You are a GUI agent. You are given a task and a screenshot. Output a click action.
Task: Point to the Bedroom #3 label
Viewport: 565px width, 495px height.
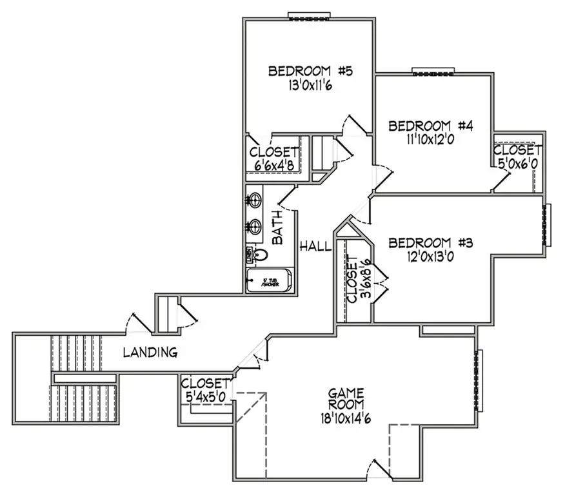pyautogui.click(x=431, y=243)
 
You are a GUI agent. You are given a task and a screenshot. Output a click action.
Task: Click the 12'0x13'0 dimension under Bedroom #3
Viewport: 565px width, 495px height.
pyautogui.click(x=431, y=257)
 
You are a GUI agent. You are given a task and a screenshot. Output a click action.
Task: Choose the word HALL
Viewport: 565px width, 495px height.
pyautogui.click(x=315, y=246)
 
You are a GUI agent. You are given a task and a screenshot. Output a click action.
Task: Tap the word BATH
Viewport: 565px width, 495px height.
pyautogui.click(x=277, y=228)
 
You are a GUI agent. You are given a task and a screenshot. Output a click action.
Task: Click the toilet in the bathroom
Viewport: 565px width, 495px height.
pyautogui.click(x=259, y=255)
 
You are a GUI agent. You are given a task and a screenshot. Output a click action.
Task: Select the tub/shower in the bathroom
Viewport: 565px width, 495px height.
pyautogui.click(x=270, y=282)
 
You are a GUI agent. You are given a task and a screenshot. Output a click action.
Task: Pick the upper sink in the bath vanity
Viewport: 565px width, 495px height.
pyautogui.click(x=254, y=200)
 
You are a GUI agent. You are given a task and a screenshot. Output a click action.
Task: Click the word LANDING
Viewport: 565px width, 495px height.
pyautogui.click(x=150, y=353)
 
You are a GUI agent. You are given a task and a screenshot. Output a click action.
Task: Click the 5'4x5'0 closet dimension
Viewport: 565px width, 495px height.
pyautogui.click(x=206, y=398)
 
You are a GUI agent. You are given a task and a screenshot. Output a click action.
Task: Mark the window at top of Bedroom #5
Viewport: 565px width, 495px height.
pyautogui.click(x=310, y=15)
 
